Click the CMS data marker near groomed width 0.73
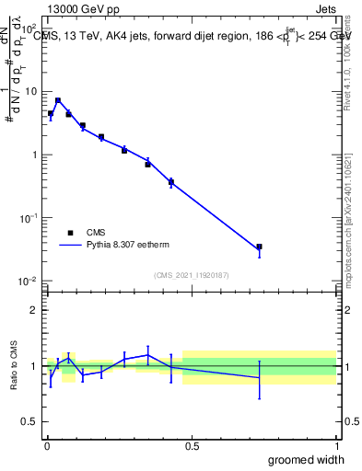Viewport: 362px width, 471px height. click(260, 247)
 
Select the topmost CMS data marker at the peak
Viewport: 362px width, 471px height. click(58, 100)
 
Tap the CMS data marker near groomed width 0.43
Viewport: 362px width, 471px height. click(171, 182)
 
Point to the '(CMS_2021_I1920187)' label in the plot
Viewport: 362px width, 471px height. click(192, 274)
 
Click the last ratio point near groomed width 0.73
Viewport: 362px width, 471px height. click(260, 377)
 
